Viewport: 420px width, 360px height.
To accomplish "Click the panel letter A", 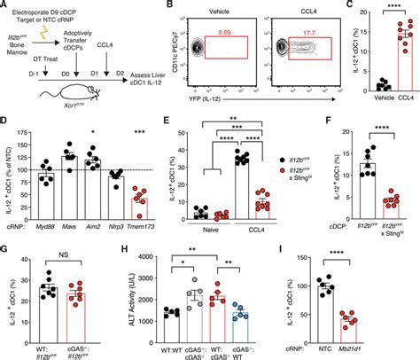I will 5,6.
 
